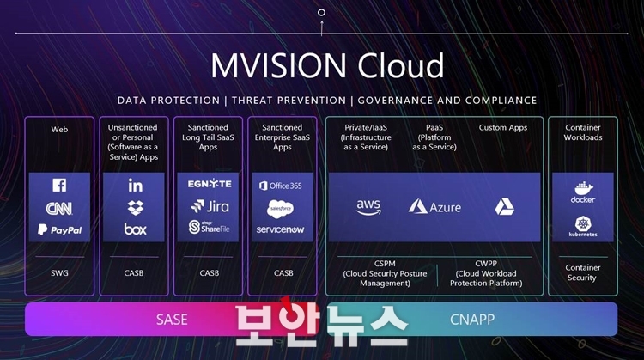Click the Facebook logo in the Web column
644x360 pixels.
click(59, 185)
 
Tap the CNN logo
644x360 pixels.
click(59, 209)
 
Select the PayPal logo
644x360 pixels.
click(59, 229)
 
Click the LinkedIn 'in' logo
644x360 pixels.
click(135, 186)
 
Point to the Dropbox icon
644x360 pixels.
click(135, 208)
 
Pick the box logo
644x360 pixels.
click(135, 229)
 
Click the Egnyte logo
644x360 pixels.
click(210, 184)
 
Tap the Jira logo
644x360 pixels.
click(210, 206)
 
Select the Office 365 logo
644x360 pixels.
click(281, 186)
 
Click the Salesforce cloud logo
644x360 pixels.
click(280, 209)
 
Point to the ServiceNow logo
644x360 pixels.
click(280, 229)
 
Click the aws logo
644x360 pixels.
click(368, 207)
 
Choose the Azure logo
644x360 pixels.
click(434, 207)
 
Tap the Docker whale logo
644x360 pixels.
click(583, 192)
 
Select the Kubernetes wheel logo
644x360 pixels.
click(583, 227)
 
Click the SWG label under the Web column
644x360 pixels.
click(59, 273)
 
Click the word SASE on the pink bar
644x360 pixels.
click(172, 320)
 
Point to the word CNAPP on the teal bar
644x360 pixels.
click(472, 320)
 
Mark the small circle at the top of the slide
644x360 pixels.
click(322, 12)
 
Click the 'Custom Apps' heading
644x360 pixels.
click(503, 128)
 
